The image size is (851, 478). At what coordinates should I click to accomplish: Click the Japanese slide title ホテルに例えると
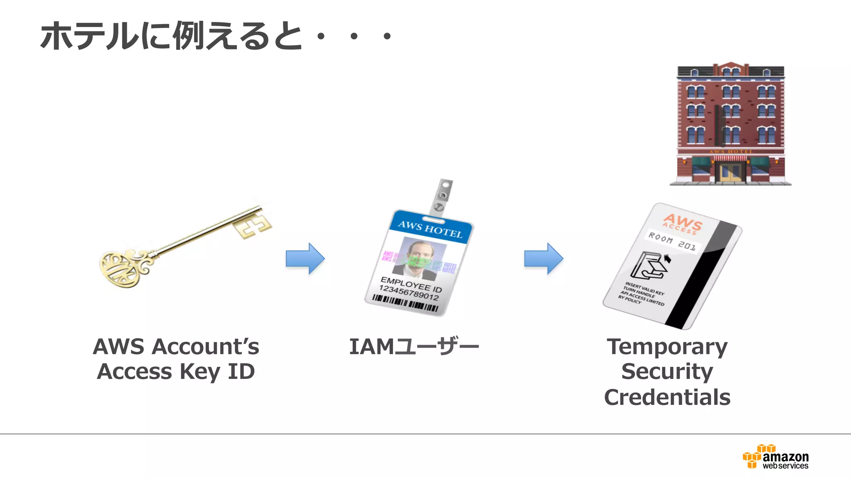(170, 37)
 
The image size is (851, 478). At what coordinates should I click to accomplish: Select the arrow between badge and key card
(544, 259)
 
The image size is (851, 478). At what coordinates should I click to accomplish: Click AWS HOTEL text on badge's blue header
(430, 229)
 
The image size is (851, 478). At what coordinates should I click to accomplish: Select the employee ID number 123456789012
(408, 293)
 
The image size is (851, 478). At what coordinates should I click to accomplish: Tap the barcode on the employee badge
(405, 303)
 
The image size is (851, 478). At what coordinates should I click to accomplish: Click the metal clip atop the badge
(441, 198)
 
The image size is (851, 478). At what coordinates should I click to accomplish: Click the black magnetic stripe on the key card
(702, 278)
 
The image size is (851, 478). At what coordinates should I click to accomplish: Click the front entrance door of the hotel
(730, 172)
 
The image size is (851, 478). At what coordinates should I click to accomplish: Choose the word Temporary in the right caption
(667, 346)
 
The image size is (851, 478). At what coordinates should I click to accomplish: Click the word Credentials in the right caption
(667, 397)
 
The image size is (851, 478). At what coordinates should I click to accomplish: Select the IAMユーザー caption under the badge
(414, 346)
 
